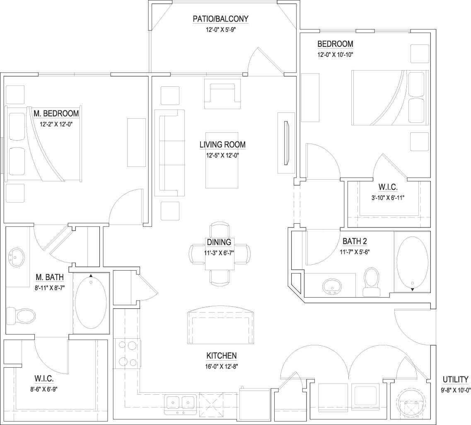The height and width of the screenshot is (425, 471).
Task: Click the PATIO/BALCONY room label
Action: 220,19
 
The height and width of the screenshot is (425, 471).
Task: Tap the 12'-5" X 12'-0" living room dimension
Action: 223,155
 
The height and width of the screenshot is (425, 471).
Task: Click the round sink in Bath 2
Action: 332,286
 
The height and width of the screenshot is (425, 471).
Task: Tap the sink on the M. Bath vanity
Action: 17,257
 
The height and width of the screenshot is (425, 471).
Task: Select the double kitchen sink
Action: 181,403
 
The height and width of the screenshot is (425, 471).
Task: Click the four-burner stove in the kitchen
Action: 127,352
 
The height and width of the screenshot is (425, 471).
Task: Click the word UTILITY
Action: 456,379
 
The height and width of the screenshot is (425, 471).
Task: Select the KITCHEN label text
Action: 222,356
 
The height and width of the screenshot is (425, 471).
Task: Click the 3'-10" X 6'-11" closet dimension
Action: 388,198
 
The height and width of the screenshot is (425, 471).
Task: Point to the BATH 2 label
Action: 355,241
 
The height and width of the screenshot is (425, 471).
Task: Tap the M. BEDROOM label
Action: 56,113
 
